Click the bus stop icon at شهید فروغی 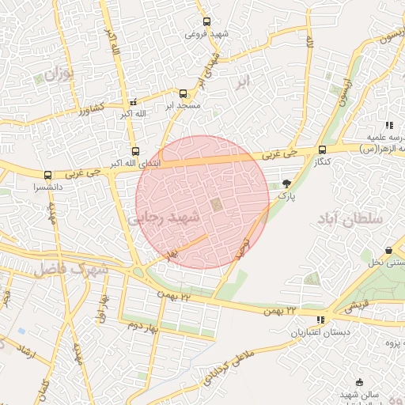pos(206,22)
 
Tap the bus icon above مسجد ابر pos(184,93)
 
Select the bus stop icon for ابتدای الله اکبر pos(135,152)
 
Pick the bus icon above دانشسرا pos(47,176)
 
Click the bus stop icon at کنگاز pos(322,150)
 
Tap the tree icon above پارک pos(286,184)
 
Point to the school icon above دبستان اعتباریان pos(320,320)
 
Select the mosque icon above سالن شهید pos(361,383)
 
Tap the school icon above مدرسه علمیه pos(388,126)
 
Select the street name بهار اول pos(101,305)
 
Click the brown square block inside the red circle pos(215,205)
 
